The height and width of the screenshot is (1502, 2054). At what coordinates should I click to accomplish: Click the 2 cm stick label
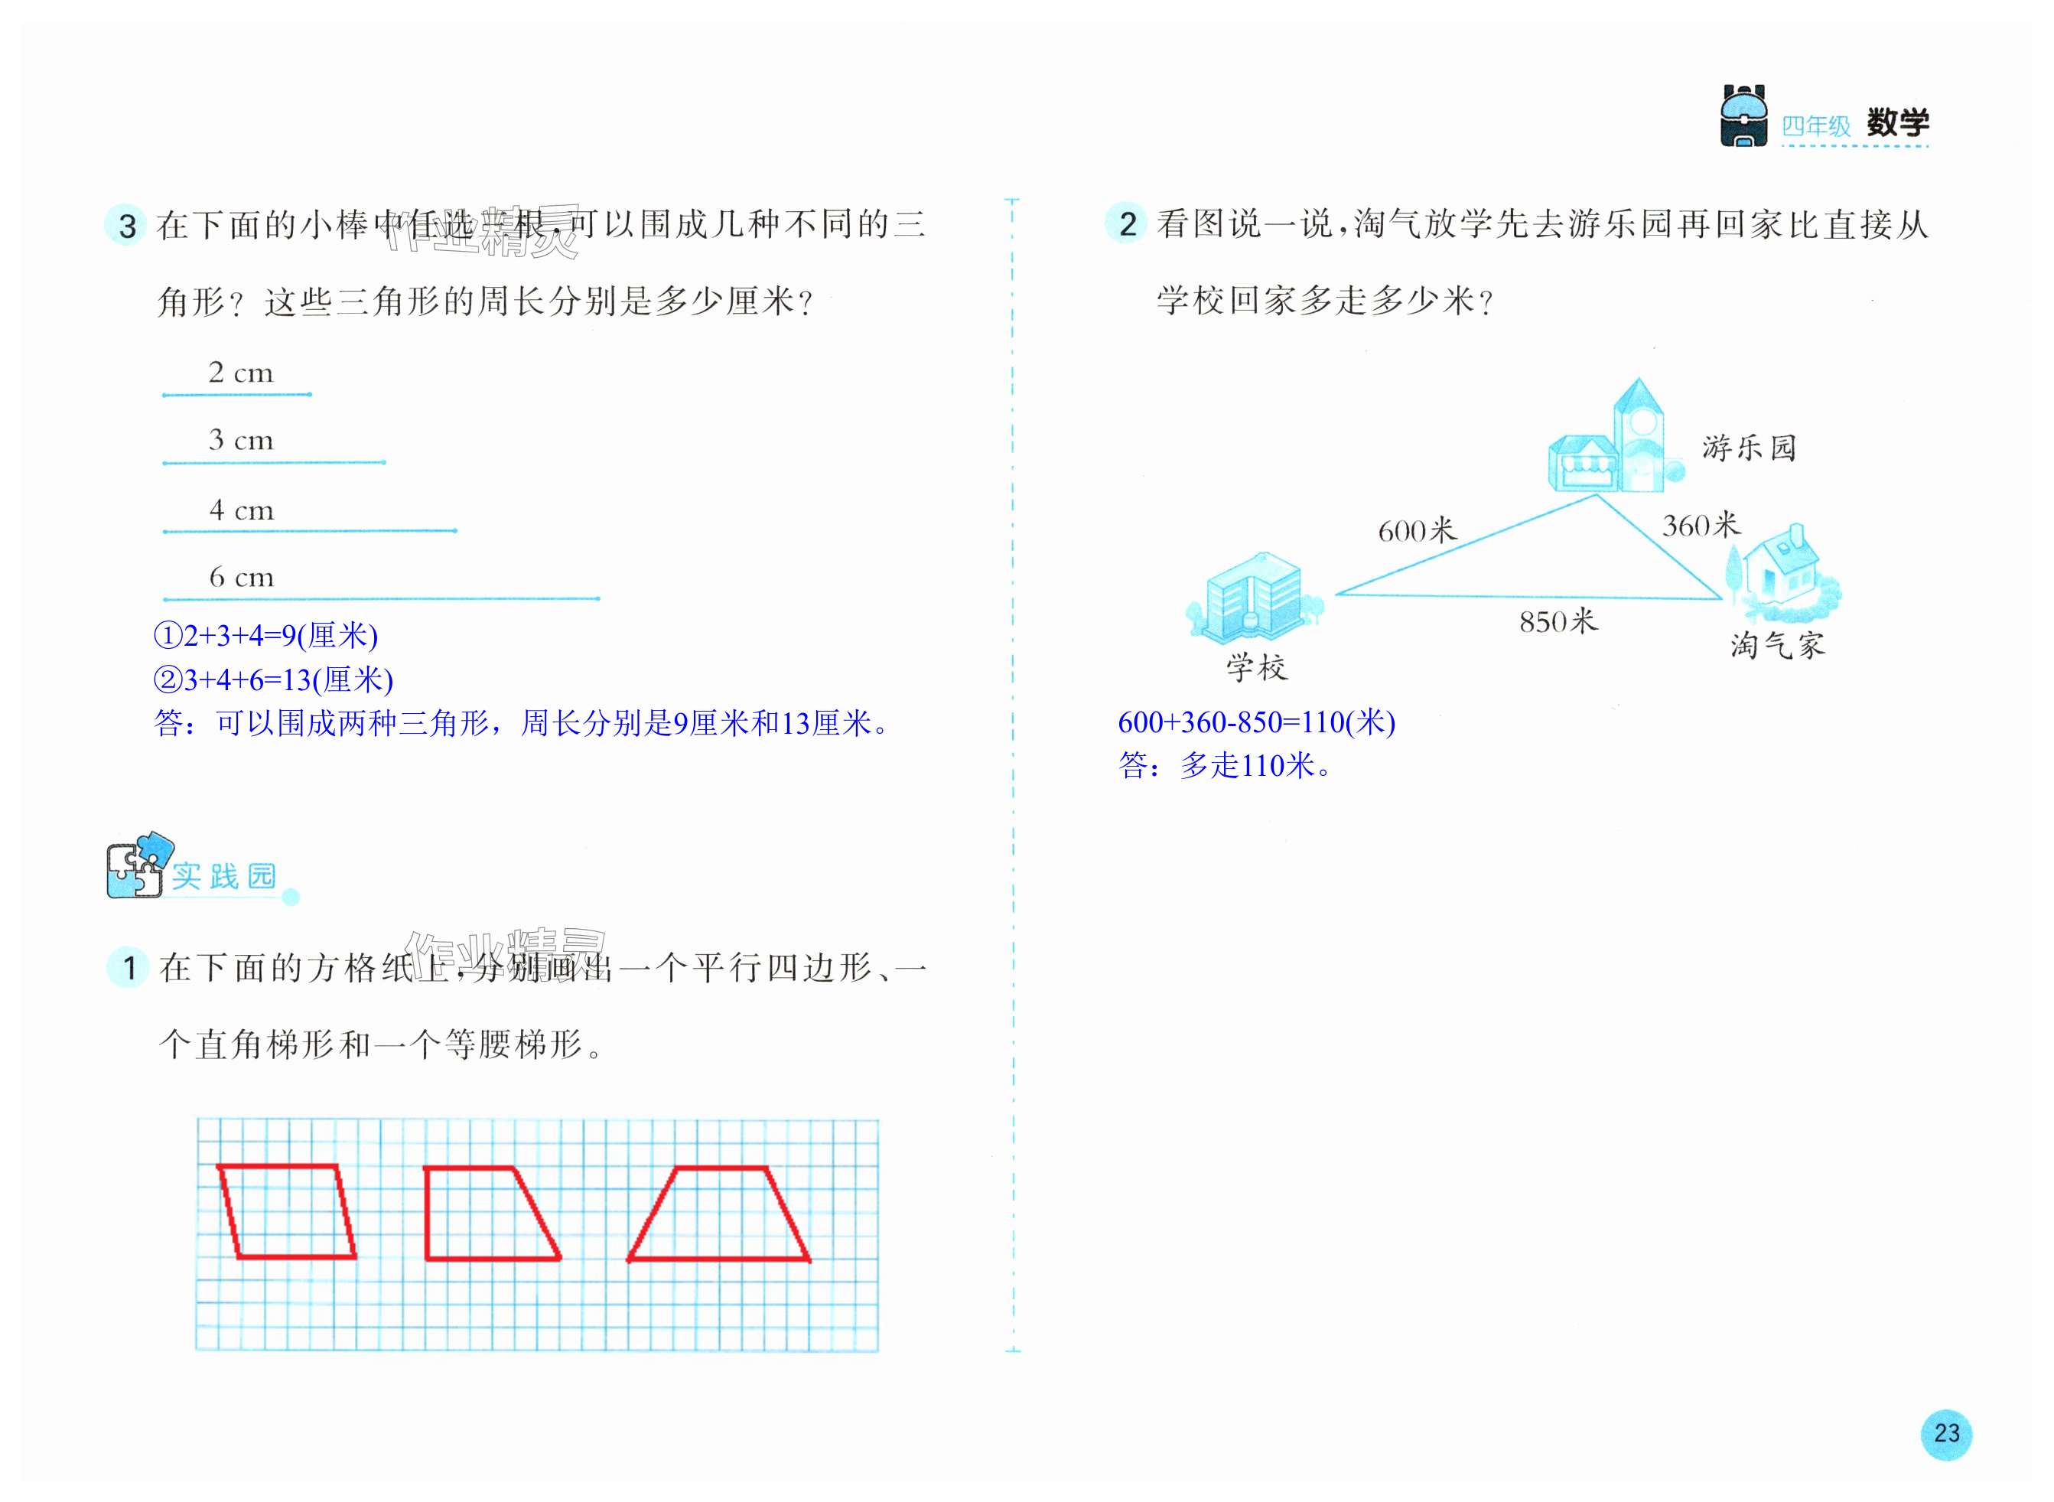pos(240,373)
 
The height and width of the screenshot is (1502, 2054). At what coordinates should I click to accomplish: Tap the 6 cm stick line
pos(381,598)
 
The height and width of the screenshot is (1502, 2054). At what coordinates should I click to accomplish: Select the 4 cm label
pos(241,510)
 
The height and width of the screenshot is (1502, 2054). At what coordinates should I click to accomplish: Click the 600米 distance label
pos(1416,530)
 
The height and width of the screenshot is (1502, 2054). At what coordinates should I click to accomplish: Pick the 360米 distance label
pos(1701,526)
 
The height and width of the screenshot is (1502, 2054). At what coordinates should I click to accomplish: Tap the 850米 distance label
pos(1558,622)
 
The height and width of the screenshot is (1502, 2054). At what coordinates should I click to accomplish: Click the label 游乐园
pos(1749,448)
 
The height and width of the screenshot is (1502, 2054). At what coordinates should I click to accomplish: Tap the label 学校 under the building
pos(1257,668)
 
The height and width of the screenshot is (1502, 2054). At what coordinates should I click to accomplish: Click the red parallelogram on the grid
pos(286,1211)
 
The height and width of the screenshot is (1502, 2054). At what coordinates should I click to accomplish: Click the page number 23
pos(1946,1434)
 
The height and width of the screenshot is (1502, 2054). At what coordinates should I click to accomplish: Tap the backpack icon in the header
pos(1743,116)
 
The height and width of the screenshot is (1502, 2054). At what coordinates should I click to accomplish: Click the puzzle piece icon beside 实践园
pos(138,865)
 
